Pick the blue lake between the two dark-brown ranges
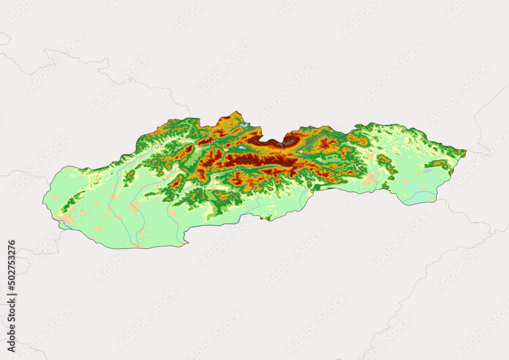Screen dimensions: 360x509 click(242, 148)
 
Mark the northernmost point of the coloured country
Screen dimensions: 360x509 click(235, 112)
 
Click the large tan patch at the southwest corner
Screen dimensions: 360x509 click(66, 218)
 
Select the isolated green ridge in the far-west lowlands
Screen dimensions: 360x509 click(71, 201)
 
